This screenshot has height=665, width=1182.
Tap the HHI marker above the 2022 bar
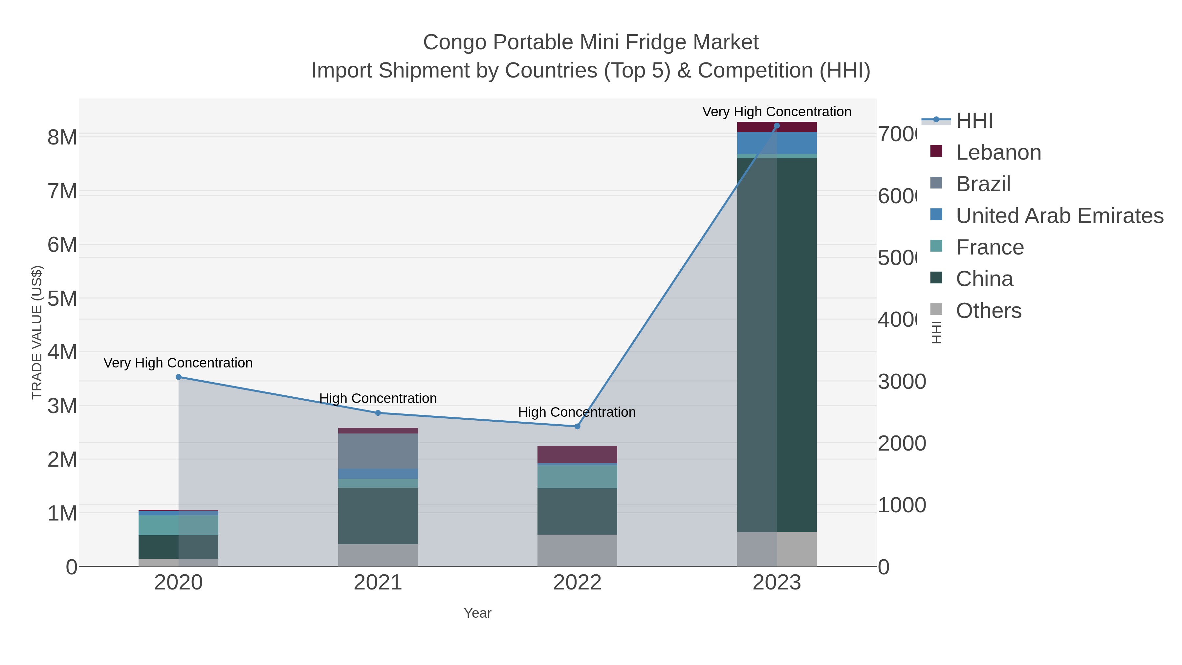coord(577,426)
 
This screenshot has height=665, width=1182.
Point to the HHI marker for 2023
coord(777,126)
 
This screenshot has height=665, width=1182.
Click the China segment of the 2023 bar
coord(797,344)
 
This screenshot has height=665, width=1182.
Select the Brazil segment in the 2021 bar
coord(378,451)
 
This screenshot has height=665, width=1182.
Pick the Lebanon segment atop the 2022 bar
coord(577,454)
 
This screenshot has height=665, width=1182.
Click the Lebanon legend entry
coord(998,152)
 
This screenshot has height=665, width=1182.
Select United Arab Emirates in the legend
coord(1059,216)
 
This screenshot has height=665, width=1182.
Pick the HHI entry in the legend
coord(974,121)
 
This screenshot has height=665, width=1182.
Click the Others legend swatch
coord(936,310)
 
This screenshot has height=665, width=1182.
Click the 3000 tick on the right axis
coord(902,382)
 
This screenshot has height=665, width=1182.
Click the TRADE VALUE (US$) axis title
coord(37,332)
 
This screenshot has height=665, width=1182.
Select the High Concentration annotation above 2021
coord(378,398)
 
